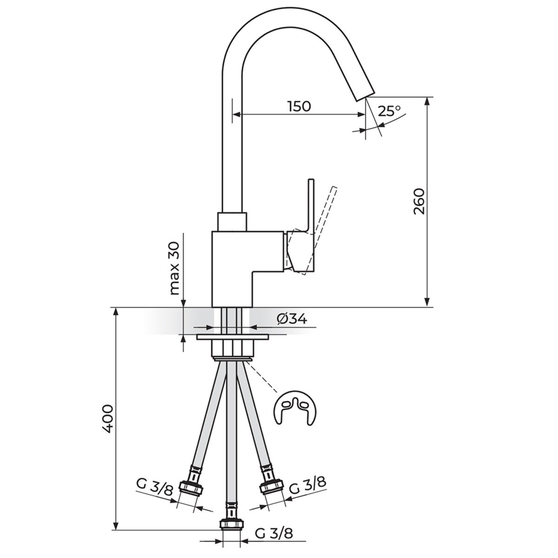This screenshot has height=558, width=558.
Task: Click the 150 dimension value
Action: click(x=299, y=106)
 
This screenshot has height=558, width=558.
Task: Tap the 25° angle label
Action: click(x=390, y=111)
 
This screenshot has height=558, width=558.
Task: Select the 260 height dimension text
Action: click(x=418, y=201)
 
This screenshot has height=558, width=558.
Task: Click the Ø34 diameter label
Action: click(x=292, y=319)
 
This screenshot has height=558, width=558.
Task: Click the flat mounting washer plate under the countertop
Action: click(x=232, y=337)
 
